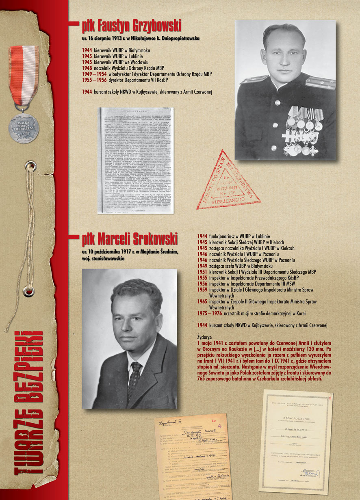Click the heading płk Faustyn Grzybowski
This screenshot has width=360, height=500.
[x=131, y=26]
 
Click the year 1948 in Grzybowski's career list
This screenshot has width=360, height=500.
[x=87, y=69]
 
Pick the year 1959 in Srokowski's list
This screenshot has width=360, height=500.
[x=202, y=290]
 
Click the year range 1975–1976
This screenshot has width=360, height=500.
[x=210, y=314]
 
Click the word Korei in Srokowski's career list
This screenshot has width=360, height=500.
[x=301, y=314]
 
